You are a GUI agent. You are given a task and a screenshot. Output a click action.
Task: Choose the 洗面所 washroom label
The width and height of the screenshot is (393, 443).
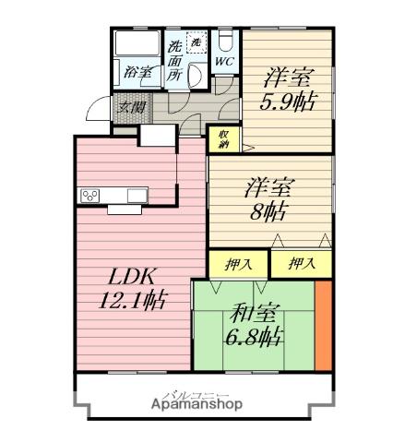175,62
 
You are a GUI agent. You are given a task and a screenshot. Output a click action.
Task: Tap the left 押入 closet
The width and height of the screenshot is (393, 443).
238,264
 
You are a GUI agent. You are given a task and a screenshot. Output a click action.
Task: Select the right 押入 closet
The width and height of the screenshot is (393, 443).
300,264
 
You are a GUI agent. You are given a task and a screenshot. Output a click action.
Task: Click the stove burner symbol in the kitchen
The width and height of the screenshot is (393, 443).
91,194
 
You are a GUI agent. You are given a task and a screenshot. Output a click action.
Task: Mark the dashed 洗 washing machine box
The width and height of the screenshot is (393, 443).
196,42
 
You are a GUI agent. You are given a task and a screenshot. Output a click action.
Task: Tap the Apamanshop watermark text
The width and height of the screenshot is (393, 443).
191,404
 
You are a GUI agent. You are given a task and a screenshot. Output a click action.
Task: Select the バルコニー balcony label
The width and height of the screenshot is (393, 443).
191,393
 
